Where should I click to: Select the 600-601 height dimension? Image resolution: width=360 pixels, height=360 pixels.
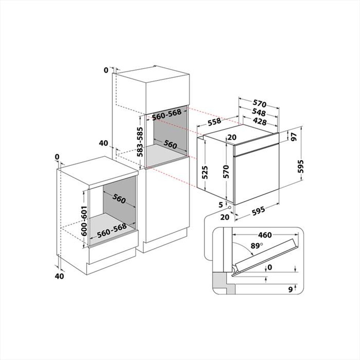tap(84, 221)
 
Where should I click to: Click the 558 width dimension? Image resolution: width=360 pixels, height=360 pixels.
tap(214, 122)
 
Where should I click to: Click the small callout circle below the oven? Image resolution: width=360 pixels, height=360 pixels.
tap(229, 207)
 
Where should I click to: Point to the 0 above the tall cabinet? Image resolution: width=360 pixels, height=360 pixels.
tap(106, 70)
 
